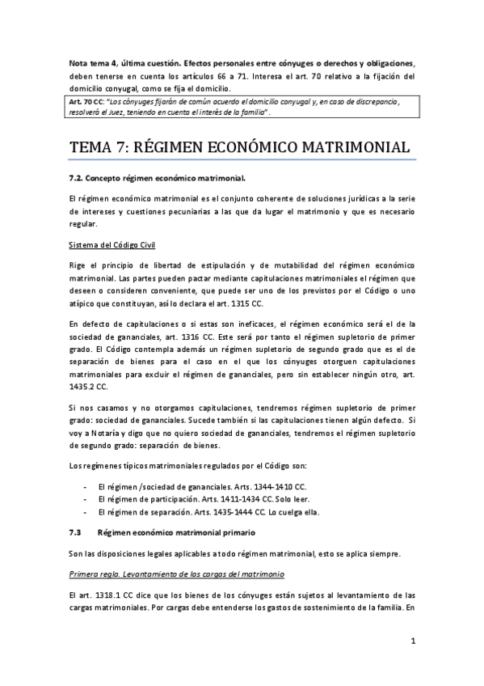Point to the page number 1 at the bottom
coord(412,642)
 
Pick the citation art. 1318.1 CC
coord(103,595)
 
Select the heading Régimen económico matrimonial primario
coord(176,533)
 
